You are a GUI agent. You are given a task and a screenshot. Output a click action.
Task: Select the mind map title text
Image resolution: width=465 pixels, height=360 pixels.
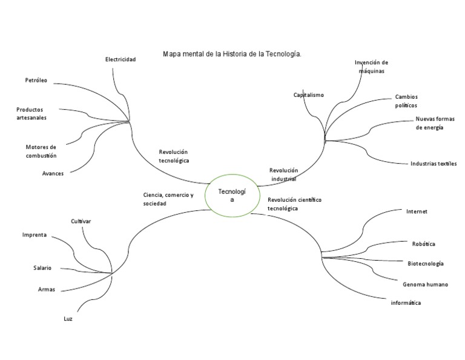pos(232,55)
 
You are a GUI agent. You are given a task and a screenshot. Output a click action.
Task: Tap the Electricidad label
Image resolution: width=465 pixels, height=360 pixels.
pos(120,59)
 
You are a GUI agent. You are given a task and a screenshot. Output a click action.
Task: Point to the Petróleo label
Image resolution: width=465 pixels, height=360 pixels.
pos(36,80)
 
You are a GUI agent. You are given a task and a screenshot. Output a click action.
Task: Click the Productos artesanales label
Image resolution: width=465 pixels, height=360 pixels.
pos(31,113)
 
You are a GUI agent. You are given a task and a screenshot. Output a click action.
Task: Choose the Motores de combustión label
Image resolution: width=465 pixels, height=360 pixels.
pos(41,151)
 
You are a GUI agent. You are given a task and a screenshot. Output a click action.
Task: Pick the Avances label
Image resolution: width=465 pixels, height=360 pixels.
pos(53,173)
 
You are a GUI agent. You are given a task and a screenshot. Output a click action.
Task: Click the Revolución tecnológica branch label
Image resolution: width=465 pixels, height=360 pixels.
pos(174,156)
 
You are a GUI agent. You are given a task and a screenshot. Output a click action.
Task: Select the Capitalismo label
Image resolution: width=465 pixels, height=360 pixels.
pos(309,95)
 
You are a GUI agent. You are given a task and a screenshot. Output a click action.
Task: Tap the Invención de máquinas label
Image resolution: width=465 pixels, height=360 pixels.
pos(371,67)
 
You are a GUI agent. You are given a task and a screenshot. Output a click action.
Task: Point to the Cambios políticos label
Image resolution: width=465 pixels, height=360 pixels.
pos(406,101)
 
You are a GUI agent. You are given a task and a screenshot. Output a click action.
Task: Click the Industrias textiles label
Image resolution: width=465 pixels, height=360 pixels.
pos(433,164)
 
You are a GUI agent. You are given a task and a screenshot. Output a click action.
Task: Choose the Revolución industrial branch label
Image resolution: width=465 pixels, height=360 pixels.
pos(284,175)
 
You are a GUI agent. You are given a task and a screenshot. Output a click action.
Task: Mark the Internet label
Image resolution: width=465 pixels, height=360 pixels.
pos(417,212)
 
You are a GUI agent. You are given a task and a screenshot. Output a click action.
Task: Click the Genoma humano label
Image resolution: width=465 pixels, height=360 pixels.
pos(425,284)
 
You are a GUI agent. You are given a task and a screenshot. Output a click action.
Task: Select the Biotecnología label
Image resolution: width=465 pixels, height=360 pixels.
pos(426,264)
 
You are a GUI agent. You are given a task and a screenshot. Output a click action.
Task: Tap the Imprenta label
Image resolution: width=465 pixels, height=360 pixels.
pos(35,235)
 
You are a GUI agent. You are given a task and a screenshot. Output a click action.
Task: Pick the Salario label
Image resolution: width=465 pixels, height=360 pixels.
pos(42,268)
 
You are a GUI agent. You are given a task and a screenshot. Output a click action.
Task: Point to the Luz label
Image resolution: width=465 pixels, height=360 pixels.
pos(68,319)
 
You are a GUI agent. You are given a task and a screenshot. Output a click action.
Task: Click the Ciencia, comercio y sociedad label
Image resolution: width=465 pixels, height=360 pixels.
pos(168,199)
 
